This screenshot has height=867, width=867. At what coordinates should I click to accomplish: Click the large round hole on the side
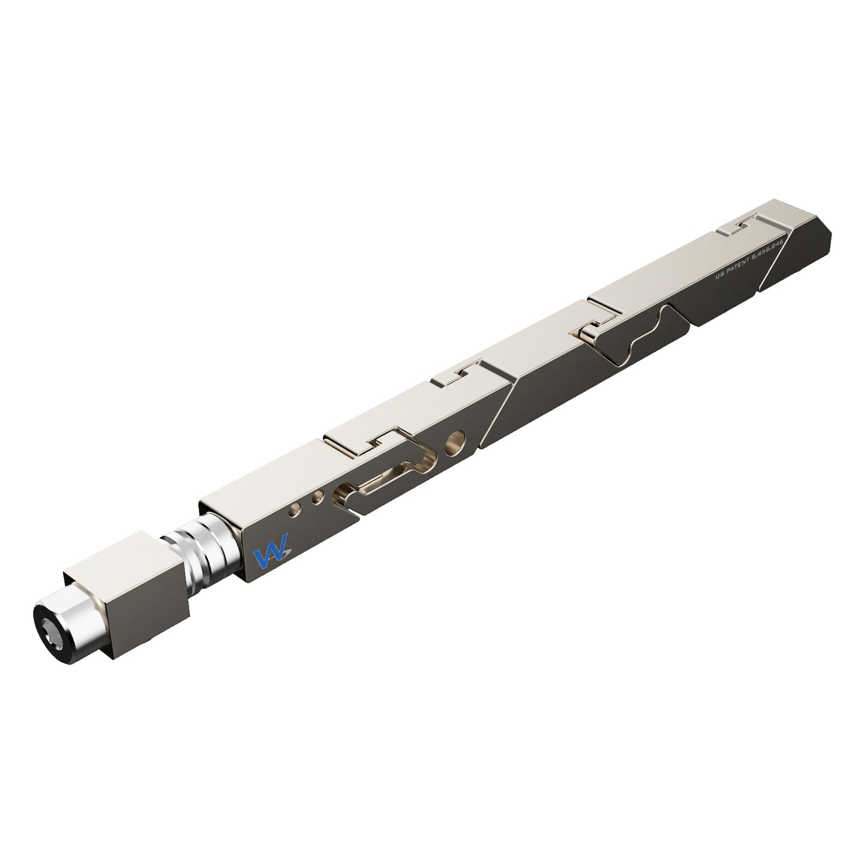click(456, 443)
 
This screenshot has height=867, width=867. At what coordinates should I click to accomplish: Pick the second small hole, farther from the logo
click(319, 496)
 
